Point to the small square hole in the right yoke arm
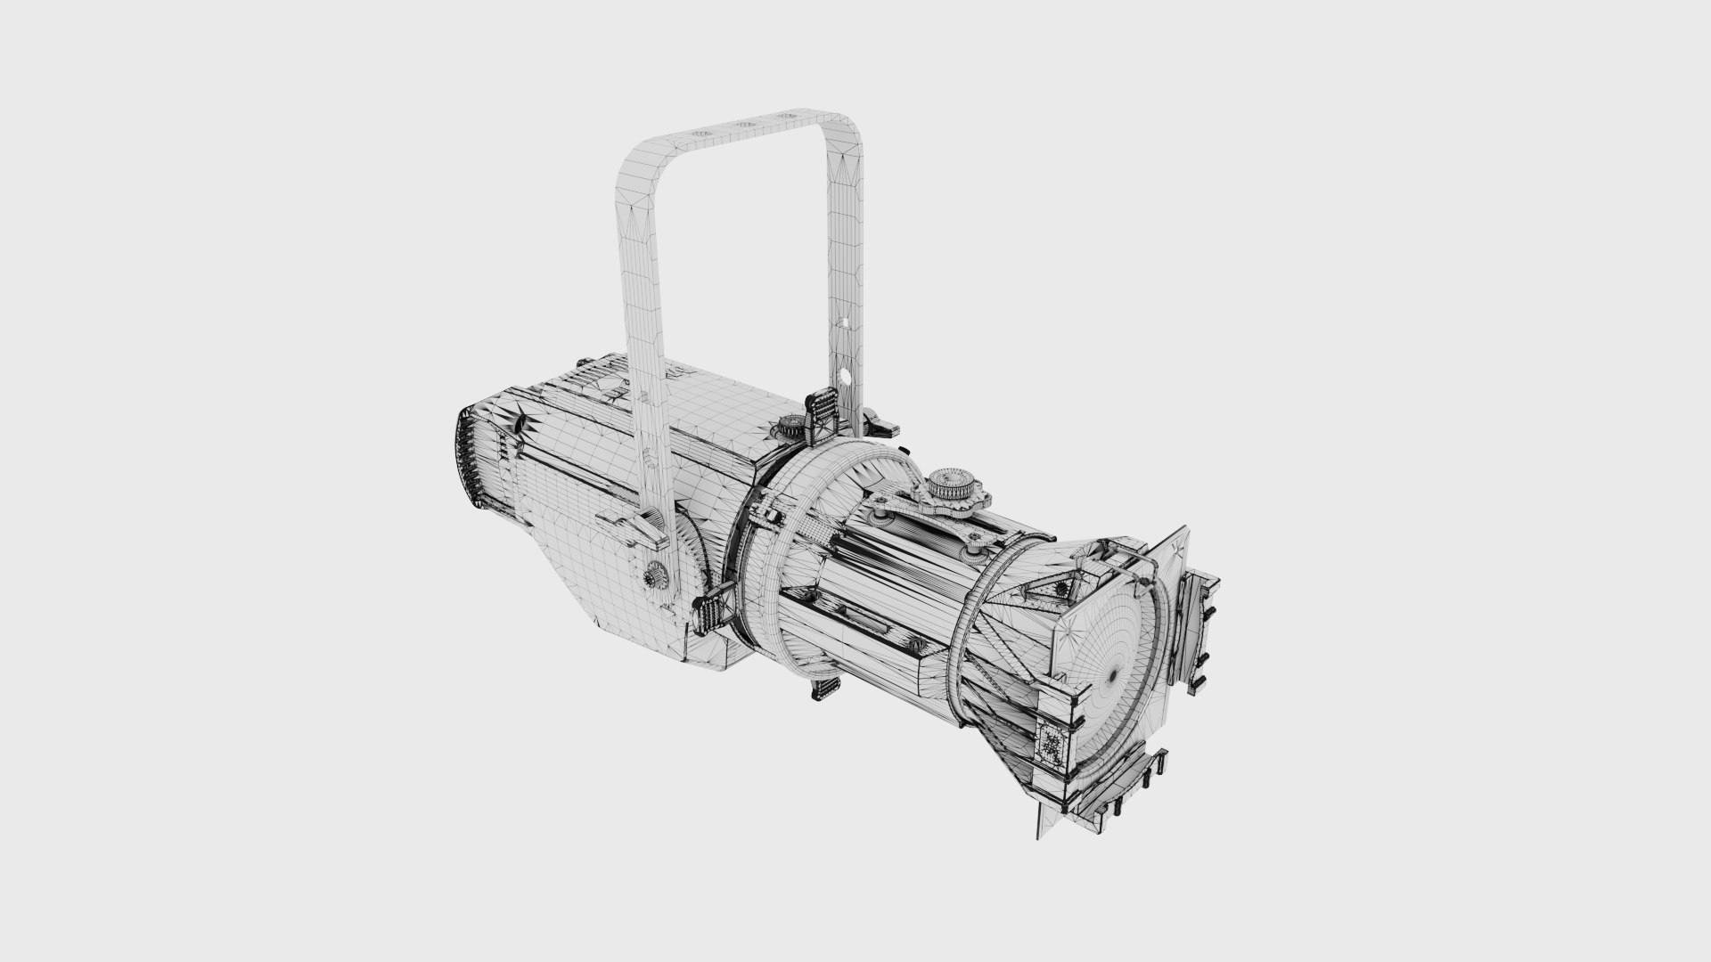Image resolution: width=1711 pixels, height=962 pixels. click(x=843, y=321)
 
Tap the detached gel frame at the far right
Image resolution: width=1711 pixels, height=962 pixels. click(x=1199, y=624)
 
